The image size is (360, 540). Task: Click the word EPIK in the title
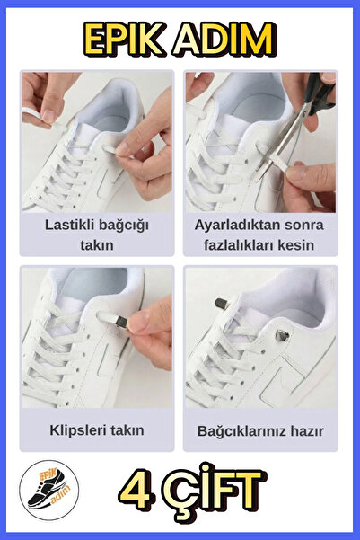pyautogui.click(x=124, y=40)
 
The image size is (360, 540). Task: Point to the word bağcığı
pyautogui.click(x=126, y=224)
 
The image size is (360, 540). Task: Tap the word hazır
pyautogui.click(x=306, y=430)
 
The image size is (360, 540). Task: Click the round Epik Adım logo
pyautogui.click(x=48, y=494)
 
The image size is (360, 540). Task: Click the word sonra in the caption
pyautogui.click(x=297, y=224)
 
